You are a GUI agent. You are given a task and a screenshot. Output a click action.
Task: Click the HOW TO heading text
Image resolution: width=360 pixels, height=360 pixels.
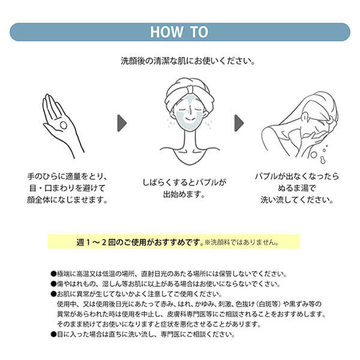tap(179, 32)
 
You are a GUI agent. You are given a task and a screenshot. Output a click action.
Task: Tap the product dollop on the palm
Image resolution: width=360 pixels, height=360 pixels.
tap(62, 125)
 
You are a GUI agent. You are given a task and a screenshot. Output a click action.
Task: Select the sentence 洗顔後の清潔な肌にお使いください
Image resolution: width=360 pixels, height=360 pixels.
tap(179, 61)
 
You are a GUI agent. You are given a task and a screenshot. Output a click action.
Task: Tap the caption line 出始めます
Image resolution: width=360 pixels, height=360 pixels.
tap(180, 195)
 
